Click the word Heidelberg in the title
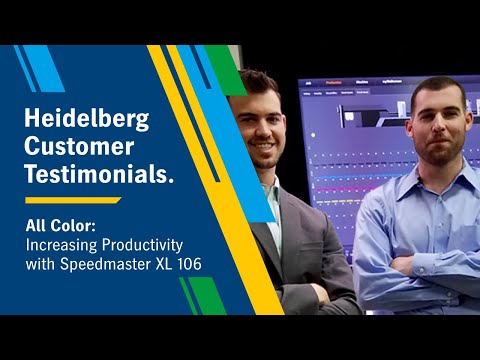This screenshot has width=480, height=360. tap(85, 119)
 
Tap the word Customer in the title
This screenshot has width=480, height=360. tap(79, 147)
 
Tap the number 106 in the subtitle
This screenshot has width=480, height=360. tap(191, 263)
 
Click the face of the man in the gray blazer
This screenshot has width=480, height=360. tap(259, 125)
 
